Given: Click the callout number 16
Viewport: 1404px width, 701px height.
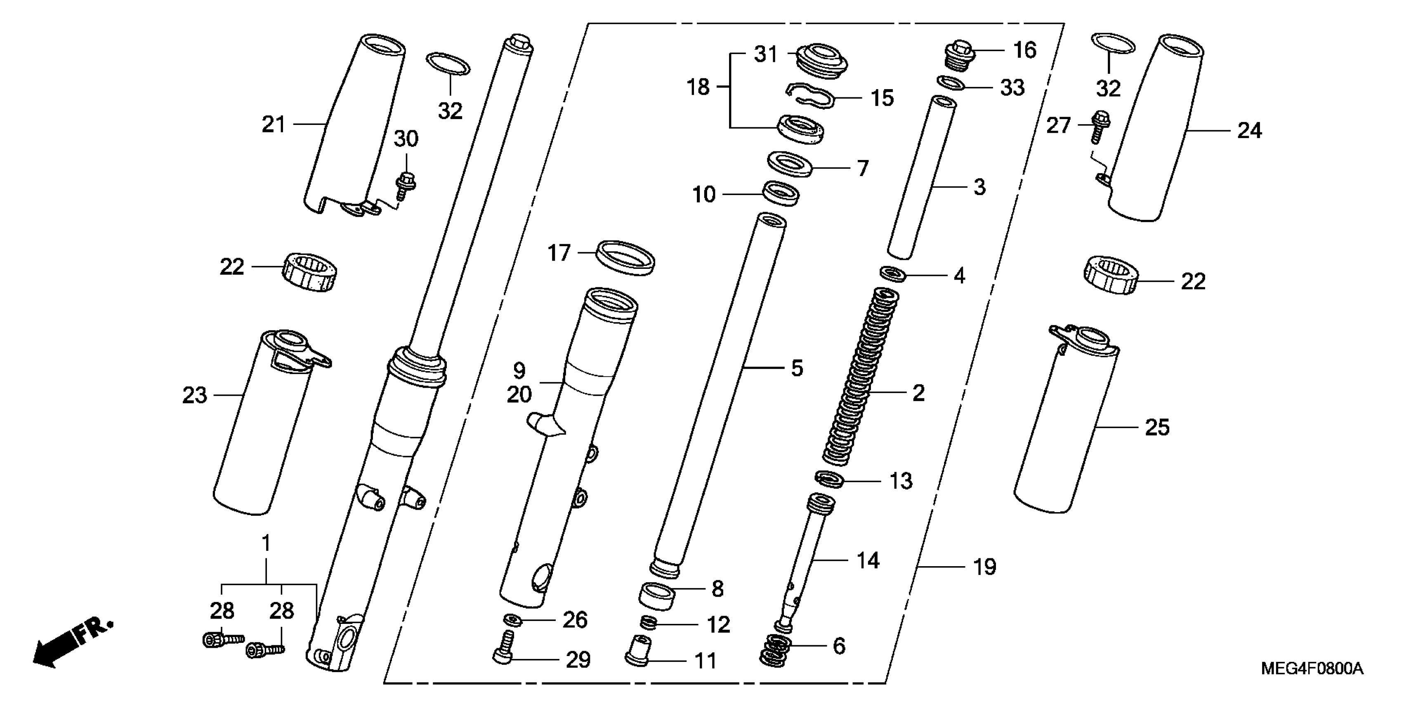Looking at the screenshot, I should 1024,50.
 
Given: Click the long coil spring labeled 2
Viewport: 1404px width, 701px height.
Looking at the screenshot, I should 861,376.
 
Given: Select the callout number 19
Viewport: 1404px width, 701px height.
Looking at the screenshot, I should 985,567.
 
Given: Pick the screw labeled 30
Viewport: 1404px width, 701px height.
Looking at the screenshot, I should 404,183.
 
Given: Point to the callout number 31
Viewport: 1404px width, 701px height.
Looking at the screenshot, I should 765,54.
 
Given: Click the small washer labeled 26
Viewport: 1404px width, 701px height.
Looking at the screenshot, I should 512,619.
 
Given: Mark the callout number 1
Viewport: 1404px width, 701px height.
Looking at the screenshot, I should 266,543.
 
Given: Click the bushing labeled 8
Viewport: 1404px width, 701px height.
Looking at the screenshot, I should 657,595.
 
